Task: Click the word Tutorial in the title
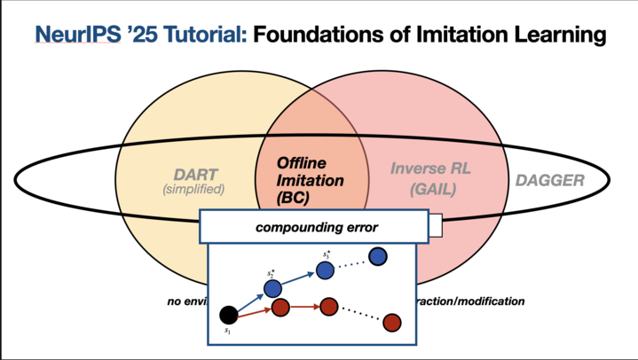pos(197,35)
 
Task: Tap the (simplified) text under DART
pos(194,189)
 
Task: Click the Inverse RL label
pos(427,167)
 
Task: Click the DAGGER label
pos(550,181)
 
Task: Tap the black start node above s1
pos(228,314)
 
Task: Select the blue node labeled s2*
pos(273,288)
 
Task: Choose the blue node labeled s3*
pos(327,268)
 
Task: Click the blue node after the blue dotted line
pos(378,256)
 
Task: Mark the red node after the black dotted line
pos(391,322)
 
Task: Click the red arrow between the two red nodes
pos(304,308)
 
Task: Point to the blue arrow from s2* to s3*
pos(300,278)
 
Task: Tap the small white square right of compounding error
pos(435,228)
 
